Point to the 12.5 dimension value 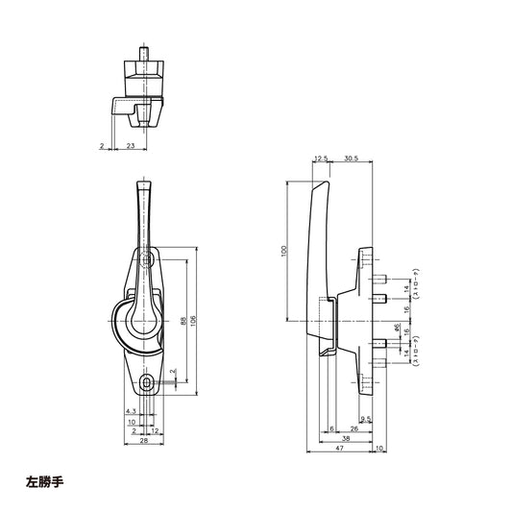tap(319, 159)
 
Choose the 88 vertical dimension tap(182, 322)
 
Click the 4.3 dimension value tap(131, 410)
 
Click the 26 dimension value tap(354, 428)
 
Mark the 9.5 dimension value tap(366, 419)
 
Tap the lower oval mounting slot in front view tap(146, 383)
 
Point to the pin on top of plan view tap(145, 49)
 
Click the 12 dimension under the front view tap(155, 430)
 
